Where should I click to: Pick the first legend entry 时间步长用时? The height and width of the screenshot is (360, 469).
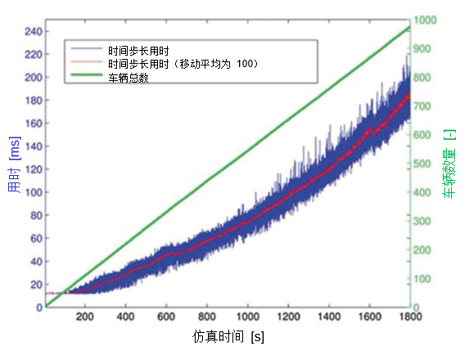point(138,50)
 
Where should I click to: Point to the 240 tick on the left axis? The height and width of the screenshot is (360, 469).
point(33,32)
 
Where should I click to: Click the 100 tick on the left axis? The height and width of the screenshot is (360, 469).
point(33,192)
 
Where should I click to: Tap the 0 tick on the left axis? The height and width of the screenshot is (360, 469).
point(38,307)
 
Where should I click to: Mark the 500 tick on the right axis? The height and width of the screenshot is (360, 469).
point(422,164)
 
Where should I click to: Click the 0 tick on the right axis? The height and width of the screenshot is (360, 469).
point(417,307)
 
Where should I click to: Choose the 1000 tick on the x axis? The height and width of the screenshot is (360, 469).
point(247,317)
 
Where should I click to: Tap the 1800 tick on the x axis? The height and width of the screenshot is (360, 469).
point(408,317)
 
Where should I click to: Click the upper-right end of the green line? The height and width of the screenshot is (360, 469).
point(408,27)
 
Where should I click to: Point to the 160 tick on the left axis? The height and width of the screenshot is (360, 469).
point(33,124)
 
